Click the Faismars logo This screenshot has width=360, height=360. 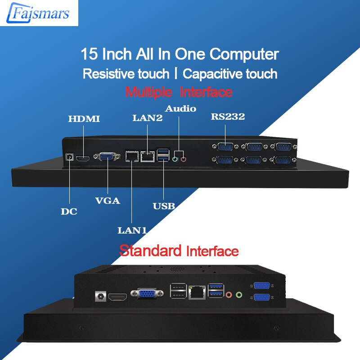[x=38, y=13]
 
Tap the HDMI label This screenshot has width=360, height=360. [x=84, y=119]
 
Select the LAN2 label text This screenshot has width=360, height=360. [x=148, y=118]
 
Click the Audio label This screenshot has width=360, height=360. [x=180, y=108]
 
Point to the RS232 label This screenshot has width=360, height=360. [x=228, y=117]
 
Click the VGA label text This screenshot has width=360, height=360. [x=108, y=201]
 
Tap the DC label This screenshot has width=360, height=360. [x=69, y=211]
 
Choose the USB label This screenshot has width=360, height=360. [x=164, y=206]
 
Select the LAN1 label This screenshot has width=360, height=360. [x=132, y=230]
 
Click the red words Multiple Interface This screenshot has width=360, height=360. [x=179, y=92]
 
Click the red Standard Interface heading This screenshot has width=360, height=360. [x=179, y=251]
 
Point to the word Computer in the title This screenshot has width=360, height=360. [x=244, y=54]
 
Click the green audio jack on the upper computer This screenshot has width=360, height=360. [x=175, y=159]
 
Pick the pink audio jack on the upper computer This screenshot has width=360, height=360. [x=183, y=159]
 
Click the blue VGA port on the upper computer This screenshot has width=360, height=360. [x=107, y=157]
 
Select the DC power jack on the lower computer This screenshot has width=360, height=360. [x=100, y=296]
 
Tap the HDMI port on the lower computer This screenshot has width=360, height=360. [x=117, y=297]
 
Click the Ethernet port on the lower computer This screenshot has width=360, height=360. [x=197, y=292]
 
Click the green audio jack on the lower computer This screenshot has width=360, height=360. [x=239, y=295]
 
